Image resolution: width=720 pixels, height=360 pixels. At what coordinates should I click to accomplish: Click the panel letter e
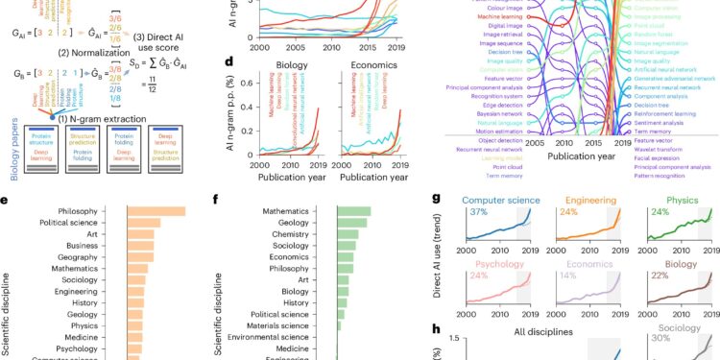point(8,199)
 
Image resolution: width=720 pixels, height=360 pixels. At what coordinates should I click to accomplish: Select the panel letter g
point(437,199)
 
